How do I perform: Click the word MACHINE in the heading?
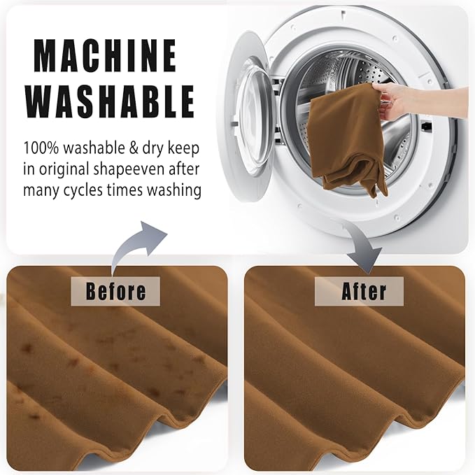click(105, 55)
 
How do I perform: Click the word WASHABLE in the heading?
click(110, 101)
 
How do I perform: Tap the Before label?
click(115, 291)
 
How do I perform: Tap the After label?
click(360, 291)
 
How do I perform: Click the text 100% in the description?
click(41, 148)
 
